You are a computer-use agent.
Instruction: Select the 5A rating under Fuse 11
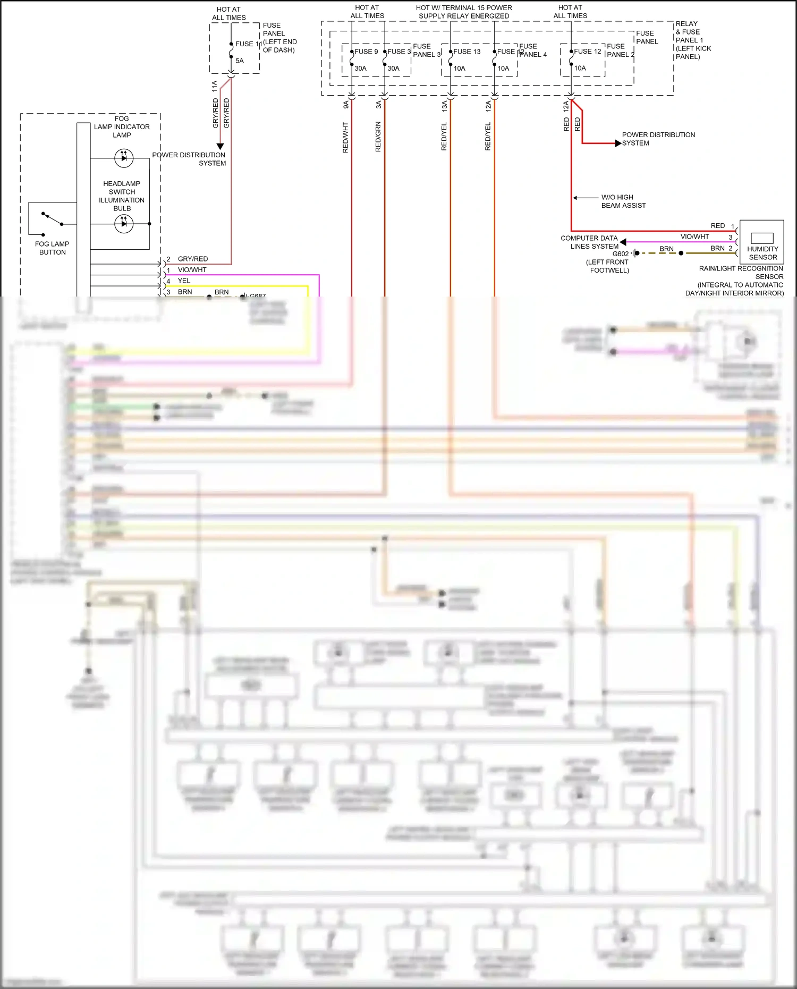tap(240, 61)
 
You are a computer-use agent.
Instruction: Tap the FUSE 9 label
tap(366, 52)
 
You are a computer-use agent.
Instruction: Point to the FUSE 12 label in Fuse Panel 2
tap(587, 52)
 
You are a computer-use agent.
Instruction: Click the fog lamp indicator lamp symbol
tap(124, 158)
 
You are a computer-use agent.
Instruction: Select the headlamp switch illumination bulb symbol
tap(124, 224)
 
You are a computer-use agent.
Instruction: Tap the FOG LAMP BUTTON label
tap(52, 248)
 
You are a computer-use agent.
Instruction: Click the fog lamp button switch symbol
tap(52, 218)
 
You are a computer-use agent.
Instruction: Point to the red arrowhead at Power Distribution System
tap(618, 143)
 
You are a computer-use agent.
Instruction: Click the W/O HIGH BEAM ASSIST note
tap(623, 201)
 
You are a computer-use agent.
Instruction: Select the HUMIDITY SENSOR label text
tap(762, 253)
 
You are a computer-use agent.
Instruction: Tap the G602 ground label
tap(620, 254)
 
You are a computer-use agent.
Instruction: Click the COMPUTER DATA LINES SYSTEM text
tap(590, 242)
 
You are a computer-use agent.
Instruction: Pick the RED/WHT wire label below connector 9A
tap(345, 138)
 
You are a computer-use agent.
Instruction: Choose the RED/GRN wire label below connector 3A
tap(378, 137)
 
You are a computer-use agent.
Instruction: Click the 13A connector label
tap(445, 106)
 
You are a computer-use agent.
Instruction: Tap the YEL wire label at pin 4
tap(184, 281)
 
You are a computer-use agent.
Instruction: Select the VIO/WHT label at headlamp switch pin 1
tap(192, 270)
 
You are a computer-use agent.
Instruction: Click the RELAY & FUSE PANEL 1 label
tap(693, 40)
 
